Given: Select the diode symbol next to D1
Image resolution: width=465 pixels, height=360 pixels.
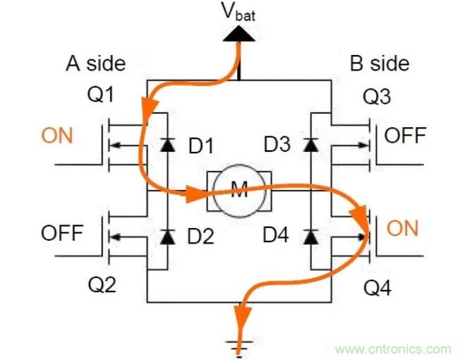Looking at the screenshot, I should tap(167, 145).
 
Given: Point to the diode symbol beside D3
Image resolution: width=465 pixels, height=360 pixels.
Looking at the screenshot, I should tap(309, 145).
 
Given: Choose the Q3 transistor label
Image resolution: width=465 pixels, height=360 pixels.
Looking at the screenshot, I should tap(378, 97).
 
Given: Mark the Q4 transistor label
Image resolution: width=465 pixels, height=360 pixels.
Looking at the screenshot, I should tap(376, 287).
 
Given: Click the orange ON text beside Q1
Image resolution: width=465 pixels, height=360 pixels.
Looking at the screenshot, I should tap(57, 136).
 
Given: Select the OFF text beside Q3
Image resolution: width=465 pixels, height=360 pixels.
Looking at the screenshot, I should tap(406, 136).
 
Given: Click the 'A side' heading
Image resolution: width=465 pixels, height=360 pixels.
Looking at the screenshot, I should tap(96, 64).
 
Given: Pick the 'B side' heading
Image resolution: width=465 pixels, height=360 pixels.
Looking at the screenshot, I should tap(380, 64).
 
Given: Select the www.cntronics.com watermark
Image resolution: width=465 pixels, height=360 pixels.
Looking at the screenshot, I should tap(392, 349).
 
